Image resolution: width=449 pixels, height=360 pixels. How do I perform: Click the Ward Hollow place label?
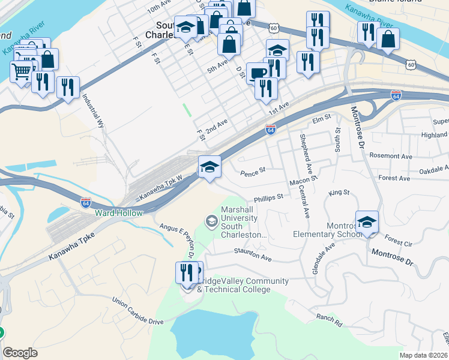118,213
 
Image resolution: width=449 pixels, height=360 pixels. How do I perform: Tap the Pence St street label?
253,172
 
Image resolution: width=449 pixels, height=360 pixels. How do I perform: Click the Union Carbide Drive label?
137,313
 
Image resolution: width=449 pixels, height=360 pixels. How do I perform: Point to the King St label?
339,193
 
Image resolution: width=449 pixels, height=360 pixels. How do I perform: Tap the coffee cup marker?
258,73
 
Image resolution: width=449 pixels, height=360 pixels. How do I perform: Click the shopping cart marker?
21,71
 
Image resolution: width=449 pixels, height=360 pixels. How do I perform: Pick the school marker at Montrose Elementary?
367,222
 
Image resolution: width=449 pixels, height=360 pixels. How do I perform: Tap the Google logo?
20,353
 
